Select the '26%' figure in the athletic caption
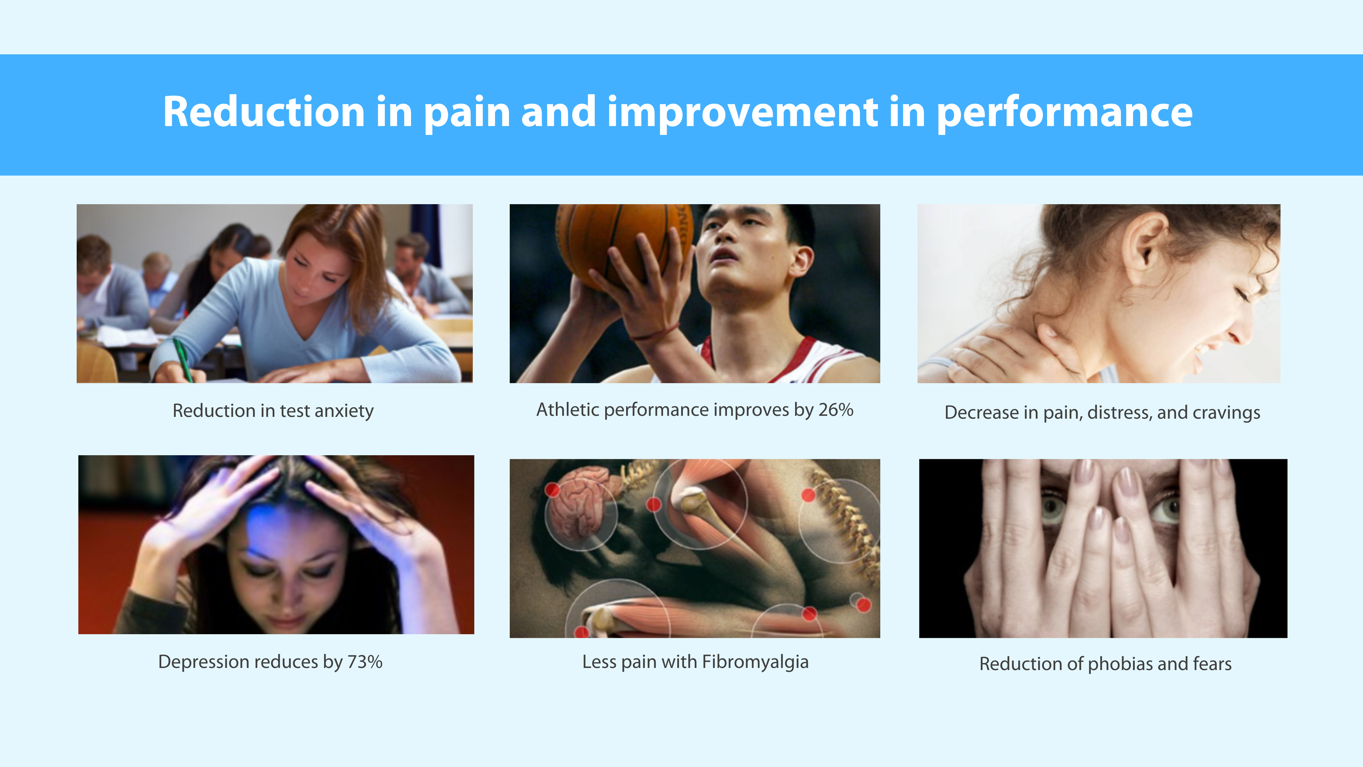(836, 410)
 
